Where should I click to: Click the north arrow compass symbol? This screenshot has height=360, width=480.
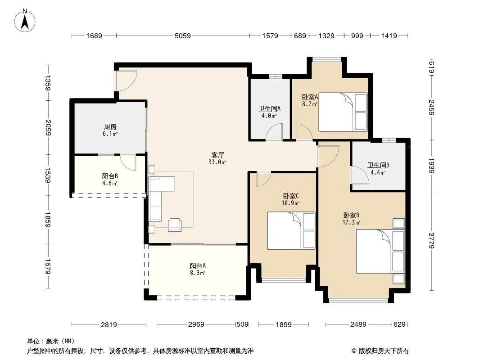pyautogui.click(x=25, y=21)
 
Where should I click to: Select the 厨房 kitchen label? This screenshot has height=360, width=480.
pyautogui.click(x=110, y=126)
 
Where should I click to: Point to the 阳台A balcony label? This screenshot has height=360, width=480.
pyautogui.click(x=198, y=265)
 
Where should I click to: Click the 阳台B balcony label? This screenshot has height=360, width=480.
pyautogui.click(x=110, y=176)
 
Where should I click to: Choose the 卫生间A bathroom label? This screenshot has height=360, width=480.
pyautogui.click(x=269, y=108)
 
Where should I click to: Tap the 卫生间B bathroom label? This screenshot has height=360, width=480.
pyautogui.click(x=378, y=166)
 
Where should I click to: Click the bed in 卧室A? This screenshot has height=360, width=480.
pyautogui.click(x=343, y=112)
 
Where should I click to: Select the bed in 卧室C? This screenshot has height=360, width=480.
pyautogui.click(x=291, y=230)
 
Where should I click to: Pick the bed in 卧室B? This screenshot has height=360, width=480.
pyautogui.click(x=380, y=252)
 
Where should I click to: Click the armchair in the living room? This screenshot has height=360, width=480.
pyautogui.click(x=175, y=225)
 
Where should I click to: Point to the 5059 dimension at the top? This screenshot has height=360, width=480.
pyautogui.click(x=183, y=36)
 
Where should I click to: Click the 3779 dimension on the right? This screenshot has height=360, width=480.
pyautogui.click(x=431, y=240)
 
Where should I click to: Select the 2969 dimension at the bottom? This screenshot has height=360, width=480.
pyautogui.click(x=196, y=324)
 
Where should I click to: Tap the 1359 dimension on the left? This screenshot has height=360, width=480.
pyautogui.click(x=48, y=83)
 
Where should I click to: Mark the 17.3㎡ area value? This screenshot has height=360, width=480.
pyautogui.click(x=351, y=222)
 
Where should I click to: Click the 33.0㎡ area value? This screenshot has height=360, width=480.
pyautogui.click(x=217, y=162)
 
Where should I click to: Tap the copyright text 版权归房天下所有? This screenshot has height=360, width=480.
pyautogui.click(x=384, y=351)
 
